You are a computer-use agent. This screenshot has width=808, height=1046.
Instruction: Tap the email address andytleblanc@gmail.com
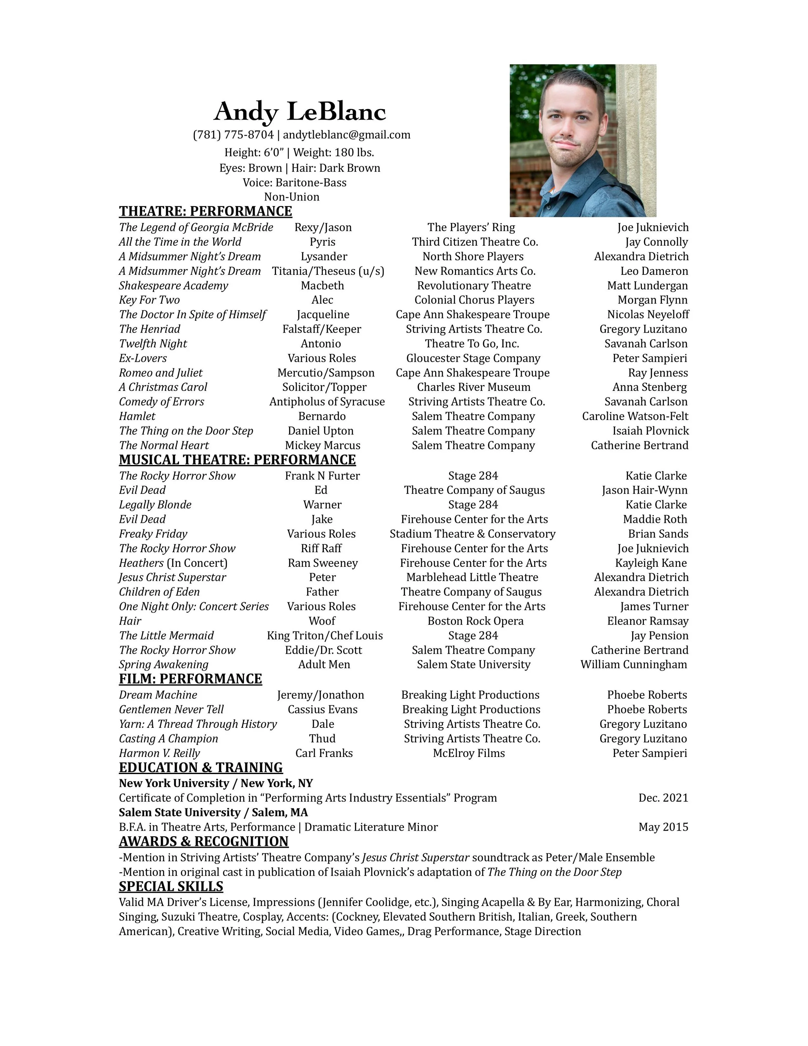(x=346, y=135)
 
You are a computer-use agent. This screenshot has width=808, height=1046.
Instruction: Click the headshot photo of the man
(x=582, y=140)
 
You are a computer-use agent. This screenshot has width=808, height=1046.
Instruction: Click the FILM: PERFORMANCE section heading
(x=190, y=679)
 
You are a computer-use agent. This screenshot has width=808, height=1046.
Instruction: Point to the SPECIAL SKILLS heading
(x=171, y=887)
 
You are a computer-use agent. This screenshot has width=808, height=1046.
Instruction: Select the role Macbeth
(x=322, y=286)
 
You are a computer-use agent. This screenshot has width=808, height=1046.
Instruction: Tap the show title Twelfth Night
(x=153, y=344)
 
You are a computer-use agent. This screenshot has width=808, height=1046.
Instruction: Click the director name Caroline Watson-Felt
(x=635, y=417)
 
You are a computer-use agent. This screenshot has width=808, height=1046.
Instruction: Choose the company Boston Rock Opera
(x=475, y=621)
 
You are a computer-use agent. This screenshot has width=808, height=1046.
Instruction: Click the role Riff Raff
(x=321, y=548)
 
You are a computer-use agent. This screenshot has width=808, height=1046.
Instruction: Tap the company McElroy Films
(x=469, y=753)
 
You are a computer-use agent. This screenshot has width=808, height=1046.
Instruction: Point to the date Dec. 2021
(x=663, y=798)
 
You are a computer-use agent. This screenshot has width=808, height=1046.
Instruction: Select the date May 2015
(x=663, y=827)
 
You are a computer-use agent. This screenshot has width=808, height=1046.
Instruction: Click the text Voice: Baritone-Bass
(x=294, y=182)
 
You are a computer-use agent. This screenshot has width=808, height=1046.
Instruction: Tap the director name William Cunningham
(x=634, y=665)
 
